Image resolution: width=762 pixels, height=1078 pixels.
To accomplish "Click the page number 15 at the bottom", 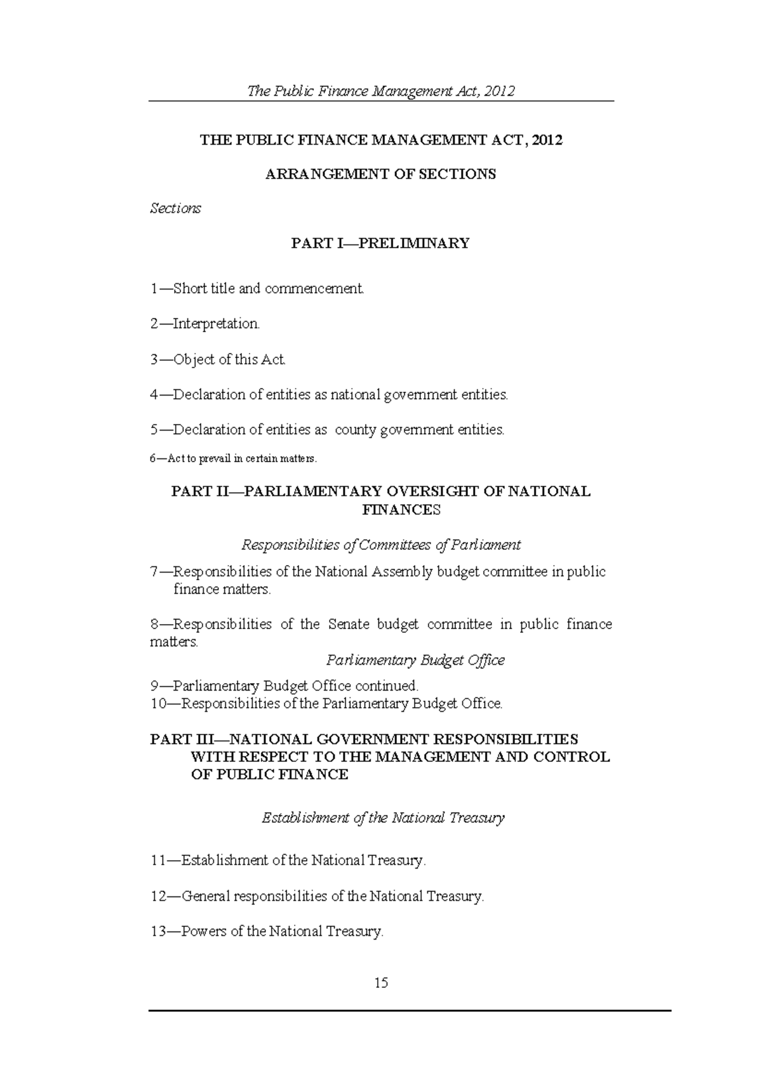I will pos(381,983).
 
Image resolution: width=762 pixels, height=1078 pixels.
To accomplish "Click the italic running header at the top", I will pos(380,91).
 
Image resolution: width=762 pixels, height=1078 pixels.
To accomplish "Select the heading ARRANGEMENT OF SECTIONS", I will pos(380,174).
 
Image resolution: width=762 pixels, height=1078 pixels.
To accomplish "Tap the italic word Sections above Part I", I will pos(175,208).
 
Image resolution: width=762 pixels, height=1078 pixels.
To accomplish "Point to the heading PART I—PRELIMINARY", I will pos(380,243).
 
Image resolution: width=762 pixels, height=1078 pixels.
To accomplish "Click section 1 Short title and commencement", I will pos(258,289).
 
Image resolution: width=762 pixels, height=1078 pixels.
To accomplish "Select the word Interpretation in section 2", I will pos(216,324).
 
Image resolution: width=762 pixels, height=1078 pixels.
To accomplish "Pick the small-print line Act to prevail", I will pos(233,458).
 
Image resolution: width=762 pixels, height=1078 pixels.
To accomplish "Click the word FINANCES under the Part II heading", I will pos(401,510).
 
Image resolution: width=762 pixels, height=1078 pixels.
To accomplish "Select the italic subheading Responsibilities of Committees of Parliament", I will pos(381,545).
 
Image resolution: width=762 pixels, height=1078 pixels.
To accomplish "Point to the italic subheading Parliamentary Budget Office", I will pos(415,660).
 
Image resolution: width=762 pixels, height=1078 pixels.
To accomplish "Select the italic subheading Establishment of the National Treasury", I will pos(383,818).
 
